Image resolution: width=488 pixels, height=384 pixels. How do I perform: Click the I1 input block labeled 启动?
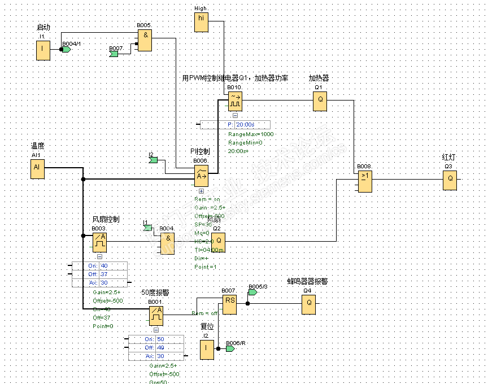pos(43,50)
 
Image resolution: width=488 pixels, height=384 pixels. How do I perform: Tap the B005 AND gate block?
pos(145,40)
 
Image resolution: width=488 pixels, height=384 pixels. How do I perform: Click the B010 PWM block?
pos(234,102)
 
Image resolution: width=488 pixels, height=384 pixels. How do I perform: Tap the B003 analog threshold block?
pos(99,242)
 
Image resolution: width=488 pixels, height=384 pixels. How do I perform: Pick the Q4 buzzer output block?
pos(308,305)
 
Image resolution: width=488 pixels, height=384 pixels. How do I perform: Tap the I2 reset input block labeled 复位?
pos(207,350)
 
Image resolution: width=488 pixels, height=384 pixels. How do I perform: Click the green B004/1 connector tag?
pos(67,50)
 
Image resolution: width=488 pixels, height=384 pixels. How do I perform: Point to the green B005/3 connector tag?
pos(252,293)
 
